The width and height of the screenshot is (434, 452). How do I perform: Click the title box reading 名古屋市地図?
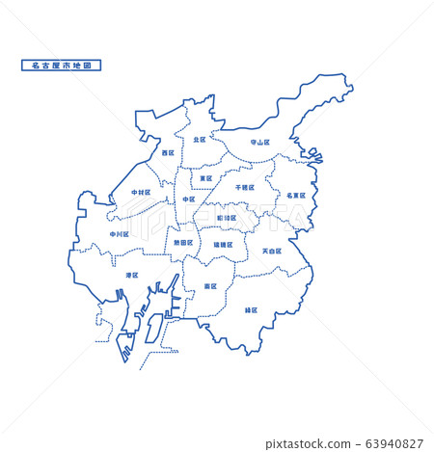pyautogui.click(x=61, y=66)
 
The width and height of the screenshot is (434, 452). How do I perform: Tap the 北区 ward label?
pyautogui.click(x=199, y=140)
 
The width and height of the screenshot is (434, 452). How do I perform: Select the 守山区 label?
pyautogui.click(x=259, y=142)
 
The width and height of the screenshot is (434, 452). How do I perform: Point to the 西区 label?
pyautogui.click(x=168, y=152)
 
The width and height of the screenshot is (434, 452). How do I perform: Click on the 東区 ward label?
pyautogui.click(x=205, y=178)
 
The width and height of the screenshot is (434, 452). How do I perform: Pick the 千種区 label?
pyautogui.click(x=244, y=187)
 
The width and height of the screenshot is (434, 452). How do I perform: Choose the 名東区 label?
pyautogui.click(x=295, y=195)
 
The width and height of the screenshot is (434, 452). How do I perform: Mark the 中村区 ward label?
pyautogui.click(x=141, y=192)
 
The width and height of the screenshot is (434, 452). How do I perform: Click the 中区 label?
pyautogui.click(x=188, y=199)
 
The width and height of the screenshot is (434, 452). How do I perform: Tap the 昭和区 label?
pyautogui.click(x=226, y=218)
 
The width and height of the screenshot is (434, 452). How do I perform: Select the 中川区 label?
pyautogui.click(x=119, y=233)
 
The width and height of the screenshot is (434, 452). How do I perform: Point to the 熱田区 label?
pyautogui.click(x=183, y=243)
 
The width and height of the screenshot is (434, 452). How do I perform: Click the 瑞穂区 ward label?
pyautogui.click(x=223, y=245)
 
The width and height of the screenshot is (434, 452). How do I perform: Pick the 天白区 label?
pyautogui.click(x=272, y=251)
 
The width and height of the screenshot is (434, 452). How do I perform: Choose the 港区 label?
pyautogui.click(x=131, y=275)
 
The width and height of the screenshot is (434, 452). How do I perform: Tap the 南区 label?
pyautogui.click(x=210, y=286)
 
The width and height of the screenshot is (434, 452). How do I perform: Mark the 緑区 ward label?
pyautogui.click(x=251, y=310)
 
